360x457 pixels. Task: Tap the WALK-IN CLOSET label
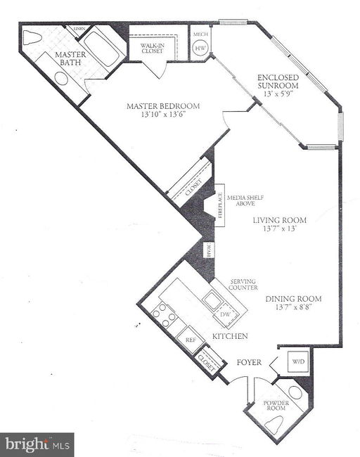point(152,49)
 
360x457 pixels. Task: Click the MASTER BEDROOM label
point(163,107)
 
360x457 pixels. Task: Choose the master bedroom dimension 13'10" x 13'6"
point(163,116)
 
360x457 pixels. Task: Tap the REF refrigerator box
point(190,338)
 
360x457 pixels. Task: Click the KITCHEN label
point(229,337)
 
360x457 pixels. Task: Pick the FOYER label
point(249,362)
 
